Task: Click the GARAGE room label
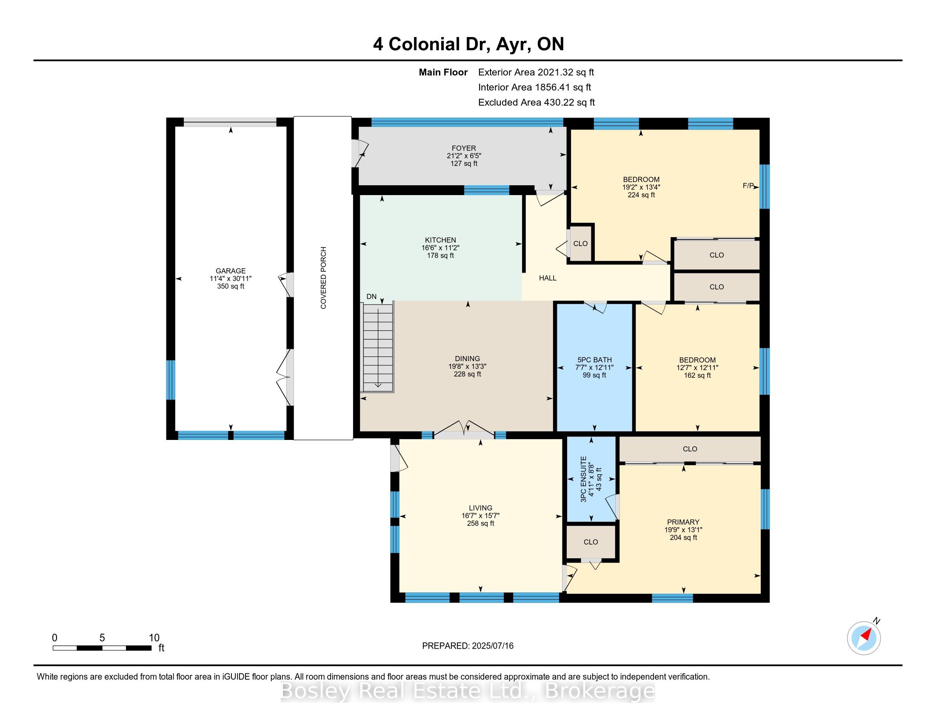click(x=231, y=270)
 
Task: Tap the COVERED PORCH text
click(x=324, y=278)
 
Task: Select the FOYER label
click(x=464, y=148)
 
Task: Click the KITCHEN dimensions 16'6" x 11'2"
click(x=440, y=248)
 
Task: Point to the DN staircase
click(x=378, y=348)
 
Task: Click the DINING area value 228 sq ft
click(x=468, y=374)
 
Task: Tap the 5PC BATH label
click(x=594, y=360)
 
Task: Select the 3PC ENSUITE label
click(x=583, y=479)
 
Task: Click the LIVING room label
click(x=480, y=508)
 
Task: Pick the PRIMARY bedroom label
click(x=683, y=522)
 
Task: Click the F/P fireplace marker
click(x=748, y=186)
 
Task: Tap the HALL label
click(x=548, y=278)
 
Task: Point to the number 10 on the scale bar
click(x=154, y=638)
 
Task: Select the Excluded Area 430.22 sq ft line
click(x=536, y=103)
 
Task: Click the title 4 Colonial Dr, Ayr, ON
click(x=468, y=44)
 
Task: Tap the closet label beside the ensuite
click(x=591, y=542)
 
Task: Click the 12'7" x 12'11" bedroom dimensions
click(x=697, y=368)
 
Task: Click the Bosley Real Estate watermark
click(x=468, y=691)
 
